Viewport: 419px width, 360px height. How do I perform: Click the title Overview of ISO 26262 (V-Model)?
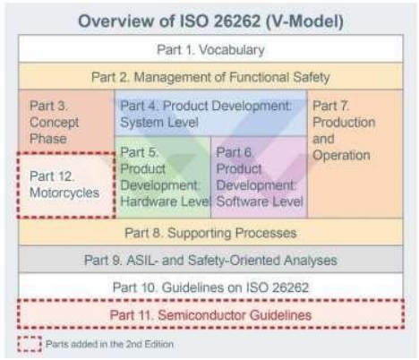209,19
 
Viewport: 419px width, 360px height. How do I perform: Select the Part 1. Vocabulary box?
209,49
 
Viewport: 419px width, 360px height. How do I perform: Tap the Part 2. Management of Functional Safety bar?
209,76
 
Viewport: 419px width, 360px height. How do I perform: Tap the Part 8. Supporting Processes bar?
209,234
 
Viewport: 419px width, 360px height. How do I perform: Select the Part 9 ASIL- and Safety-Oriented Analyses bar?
209,261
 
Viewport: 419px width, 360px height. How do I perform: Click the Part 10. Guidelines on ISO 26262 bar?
209,288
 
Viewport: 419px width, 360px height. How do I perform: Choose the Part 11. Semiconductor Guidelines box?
209,315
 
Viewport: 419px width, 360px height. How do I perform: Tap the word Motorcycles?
64,192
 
